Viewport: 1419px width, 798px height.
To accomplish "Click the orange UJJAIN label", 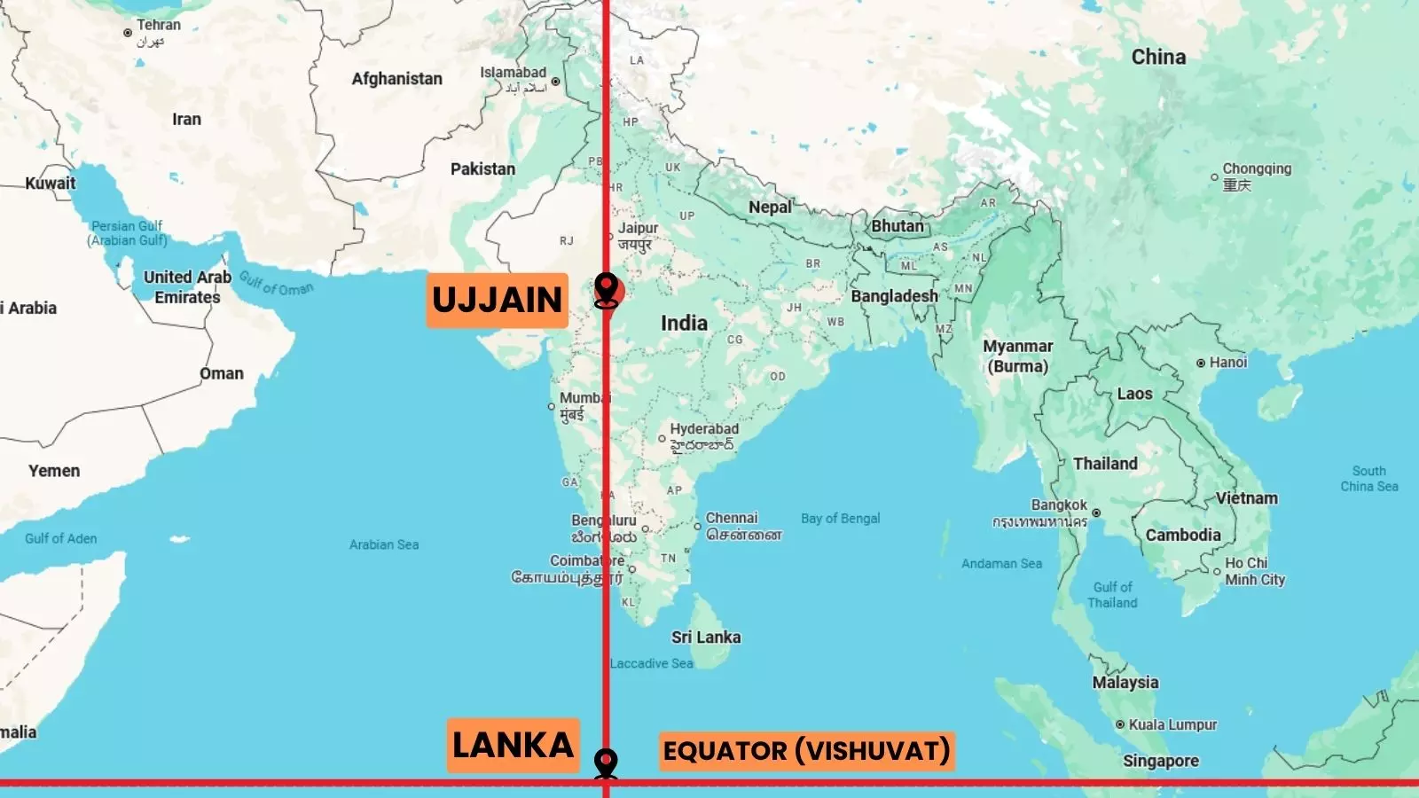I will click(497, 301).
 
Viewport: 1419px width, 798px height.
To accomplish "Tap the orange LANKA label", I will click(513, 745).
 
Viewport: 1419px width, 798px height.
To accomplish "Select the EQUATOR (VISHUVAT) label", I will click(806, 751).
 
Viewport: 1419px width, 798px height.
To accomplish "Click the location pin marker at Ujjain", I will click(607, 290).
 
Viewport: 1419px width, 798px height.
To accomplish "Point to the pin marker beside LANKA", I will click(607, 763).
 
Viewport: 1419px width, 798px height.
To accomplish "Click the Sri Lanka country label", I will click(706, 638).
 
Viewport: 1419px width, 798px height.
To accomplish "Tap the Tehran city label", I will click(158, 26).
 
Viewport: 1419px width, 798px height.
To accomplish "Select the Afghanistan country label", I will click(396, 79).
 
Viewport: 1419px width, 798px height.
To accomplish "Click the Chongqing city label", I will click(1257, 169).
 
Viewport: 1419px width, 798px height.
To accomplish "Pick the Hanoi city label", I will click(1227, 363).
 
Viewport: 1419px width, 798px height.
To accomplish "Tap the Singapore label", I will click(1160, 761).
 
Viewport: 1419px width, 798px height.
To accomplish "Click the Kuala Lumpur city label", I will click(1172, 725).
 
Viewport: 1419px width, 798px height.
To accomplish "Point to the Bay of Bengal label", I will click(840, 519).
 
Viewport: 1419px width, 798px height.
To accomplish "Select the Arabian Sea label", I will click(383, 544).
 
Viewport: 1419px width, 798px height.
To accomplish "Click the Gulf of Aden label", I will click(60, 538).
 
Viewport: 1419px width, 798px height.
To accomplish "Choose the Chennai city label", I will click(732, 519).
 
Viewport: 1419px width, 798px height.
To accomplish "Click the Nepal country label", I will click(770, 207).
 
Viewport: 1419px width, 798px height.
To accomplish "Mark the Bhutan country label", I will click(897, 226).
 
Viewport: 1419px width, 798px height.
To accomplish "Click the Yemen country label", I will click(54, 471).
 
